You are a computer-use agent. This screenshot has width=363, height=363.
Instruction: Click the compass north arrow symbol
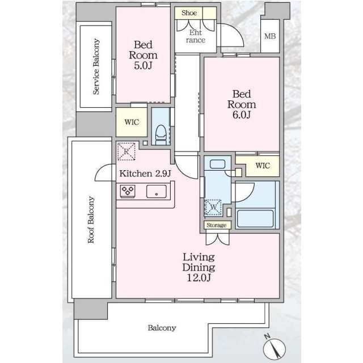coord(275,348)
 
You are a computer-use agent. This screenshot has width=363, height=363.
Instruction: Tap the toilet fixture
coord(160,134)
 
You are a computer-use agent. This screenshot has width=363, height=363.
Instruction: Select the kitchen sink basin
coord(157,192)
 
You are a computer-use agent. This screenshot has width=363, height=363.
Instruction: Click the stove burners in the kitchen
coord(128,191)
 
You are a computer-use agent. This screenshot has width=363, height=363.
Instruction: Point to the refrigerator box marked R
coord(126,151)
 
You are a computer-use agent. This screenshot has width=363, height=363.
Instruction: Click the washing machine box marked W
coord(213,207)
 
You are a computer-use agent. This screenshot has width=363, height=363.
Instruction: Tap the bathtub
coord(255,219)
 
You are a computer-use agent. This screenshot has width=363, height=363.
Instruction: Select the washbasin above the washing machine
coord(217,164)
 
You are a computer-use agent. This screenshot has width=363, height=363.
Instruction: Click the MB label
coord(270,36)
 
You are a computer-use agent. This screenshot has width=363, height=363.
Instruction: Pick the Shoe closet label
coord(189,13)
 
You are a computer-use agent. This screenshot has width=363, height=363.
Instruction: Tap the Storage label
coord(217,225)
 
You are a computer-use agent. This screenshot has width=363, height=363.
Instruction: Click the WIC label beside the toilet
coord(132,122)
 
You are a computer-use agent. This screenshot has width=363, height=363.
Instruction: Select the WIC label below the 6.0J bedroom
coord(263,166)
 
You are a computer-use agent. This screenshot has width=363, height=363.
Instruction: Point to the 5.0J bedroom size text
coord(143,66)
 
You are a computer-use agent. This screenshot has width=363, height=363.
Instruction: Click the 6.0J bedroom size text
coord(242,115)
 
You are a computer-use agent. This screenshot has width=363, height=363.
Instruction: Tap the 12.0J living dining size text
coord(199,277)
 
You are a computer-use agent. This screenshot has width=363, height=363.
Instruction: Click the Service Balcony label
coord(96,67)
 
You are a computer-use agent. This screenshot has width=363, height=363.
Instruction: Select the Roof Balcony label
coord(91,220)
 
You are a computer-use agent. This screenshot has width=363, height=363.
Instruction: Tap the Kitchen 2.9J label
coord(145,174)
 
